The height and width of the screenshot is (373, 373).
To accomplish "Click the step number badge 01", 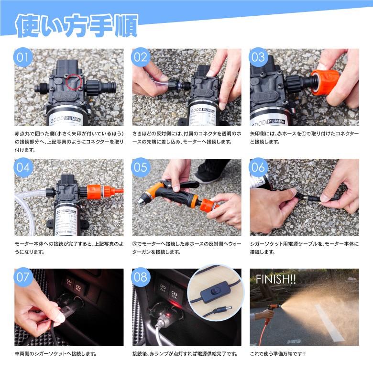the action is coord(23,57).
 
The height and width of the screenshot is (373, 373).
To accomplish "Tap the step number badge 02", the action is coord(141,57).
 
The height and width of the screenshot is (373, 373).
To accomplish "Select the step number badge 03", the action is coord(258,57).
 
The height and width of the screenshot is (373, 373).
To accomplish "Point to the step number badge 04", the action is coord(23,167).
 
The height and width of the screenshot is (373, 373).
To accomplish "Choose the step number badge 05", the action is coord(141,167).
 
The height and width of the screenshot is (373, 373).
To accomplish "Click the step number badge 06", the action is coord(258,167).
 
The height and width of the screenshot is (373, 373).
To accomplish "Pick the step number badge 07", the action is coord(23,277).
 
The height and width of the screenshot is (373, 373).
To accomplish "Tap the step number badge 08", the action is coord(141,277).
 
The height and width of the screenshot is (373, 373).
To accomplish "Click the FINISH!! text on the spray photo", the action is coord(276,279).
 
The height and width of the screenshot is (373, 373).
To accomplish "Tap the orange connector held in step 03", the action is coord(326,82).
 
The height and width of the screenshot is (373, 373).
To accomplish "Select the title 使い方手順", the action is coord(77,26).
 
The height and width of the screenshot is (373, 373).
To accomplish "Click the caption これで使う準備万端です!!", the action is coord(278,354).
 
